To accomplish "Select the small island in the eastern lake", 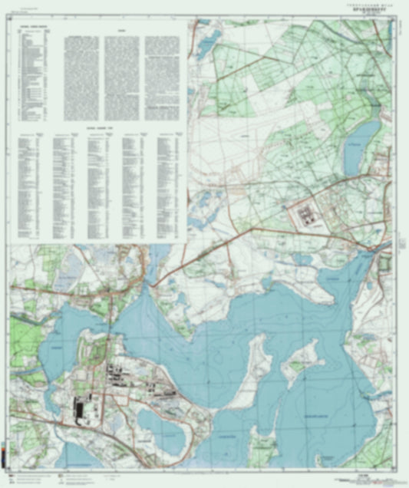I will pyautogui.click(x=300, y=361).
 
